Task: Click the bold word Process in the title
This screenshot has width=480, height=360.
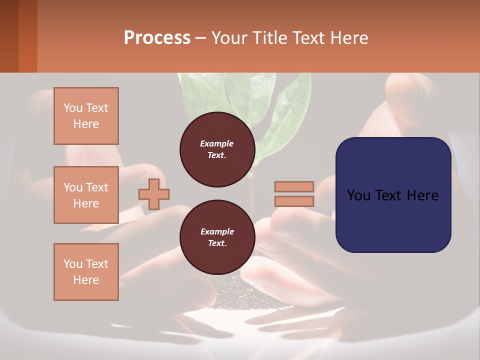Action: click(157, 37)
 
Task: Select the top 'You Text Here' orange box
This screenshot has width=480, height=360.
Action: click(86, 116)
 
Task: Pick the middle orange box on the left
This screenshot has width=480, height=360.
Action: click(86, 195)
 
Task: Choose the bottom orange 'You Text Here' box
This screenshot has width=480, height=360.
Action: click(86, 272)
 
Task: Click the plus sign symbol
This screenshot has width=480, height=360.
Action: click(154, 194)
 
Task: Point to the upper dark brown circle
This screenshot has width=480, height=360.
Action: click(217, 149)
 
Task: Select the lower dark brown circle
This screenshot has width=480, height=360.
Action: click(217, 237)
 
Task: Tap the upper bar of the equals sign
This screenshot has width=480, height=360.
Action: click(294, 186)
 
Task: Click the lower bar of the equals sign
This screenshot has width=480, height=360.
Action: click(294, 201)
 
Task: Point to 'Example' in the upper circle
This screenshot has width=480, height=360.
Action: click(217, 143)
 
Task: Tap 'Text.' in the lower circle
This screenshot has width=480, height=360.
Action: click(217, 243)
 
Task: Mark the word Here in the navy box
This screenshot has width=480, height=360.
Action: click(422, 195)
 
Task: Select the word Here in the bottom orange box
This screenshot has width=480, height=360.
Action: click(86, 280)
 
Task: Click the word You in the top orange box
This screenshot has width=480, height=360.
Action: click(73, 108)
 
